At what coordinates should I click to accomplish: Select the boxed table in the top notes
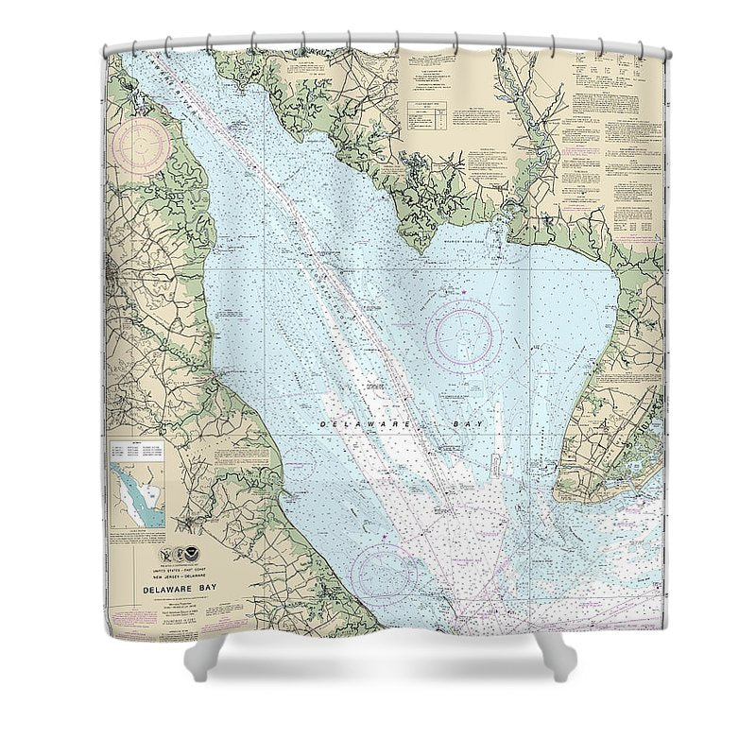[x=427, y=116]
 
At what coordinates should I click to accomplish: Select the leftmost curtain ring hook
[x=114, y=46]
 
